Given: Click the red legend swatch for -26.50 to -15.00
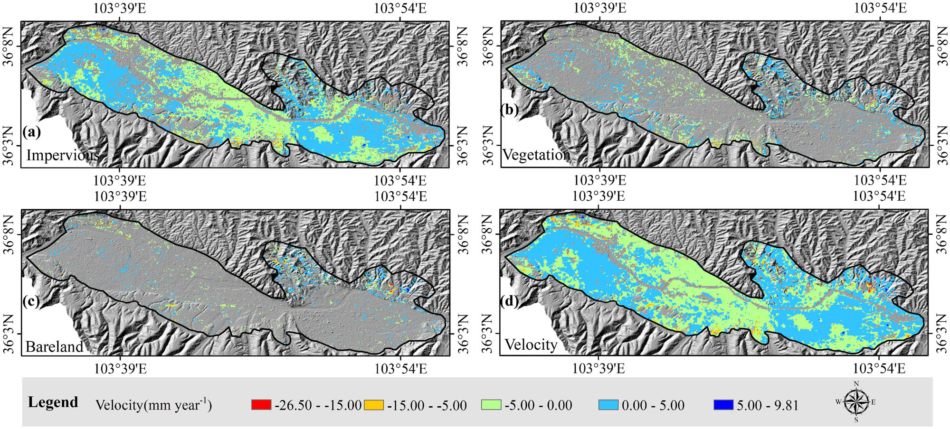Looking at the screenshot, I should pos(261,405).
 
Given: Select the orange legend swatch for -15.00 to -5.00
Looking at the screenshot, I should pos(374,405).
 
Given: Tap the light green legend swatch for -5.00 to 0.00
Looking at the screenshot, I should pos(491,405).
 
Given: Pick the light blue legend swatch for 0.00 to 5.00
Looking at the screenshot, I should pos(608,405).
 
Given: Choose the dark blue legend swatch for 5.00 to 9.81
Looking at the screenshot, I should pos(723,405).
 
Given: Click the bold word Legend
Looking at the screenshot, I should pos(53,402).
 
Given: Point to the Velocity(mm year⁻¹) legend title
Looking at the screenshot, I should pos(153,405).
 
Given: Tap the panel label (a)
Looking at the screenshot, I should pos(31,131).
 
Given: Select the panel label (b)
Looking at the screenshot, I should pos(509,110).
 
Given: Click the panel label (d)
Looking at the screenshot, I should pos(509,301).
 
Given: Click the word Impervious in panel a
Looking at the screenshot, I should pos(62,155).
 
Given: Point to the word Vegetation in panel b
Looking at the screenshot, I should pos(536,155).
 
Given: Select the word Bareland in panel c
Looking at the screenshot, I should pos(54,347).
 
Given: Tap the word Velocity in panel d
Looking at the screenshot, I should pos(531,345).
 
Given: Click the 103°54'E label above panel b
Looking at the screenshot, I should pos(880,8).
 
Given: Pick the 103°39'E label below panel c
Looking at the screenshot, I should pos(120,369).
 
